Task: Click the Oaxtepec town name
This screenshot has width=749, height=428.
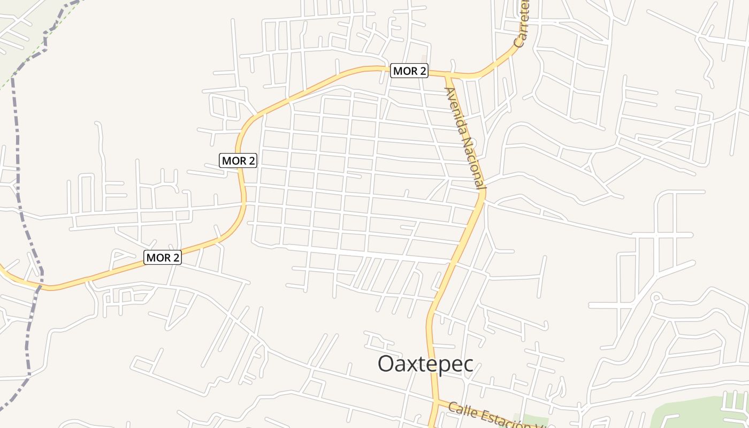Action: pyautogui.click(x=425, y=364)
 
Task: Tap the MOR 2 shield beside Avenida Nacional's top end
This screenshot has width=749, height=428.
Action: pyautogui.click(x=409, y=71)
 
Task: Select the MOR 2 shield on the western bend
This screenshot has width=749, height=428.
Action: pyautogui.click(x=238, y=160)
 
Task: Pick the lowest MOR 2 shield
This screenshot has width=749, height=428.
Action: pyautogui.click(x=163, y=257)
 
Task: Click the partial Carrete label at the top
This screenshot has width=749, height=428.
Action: pyautogui.click(x=522, y=24)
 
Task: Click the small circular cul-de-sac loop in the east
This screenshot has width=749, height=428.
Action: pyautogui.click(x=656, y=298)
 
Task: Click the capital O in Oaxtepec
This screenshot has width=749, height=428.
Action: pyautogui.click(x=387, y=364)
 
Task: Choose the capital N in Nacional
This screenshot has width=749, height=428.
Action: pyautogui.click(x=464, y=140)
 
